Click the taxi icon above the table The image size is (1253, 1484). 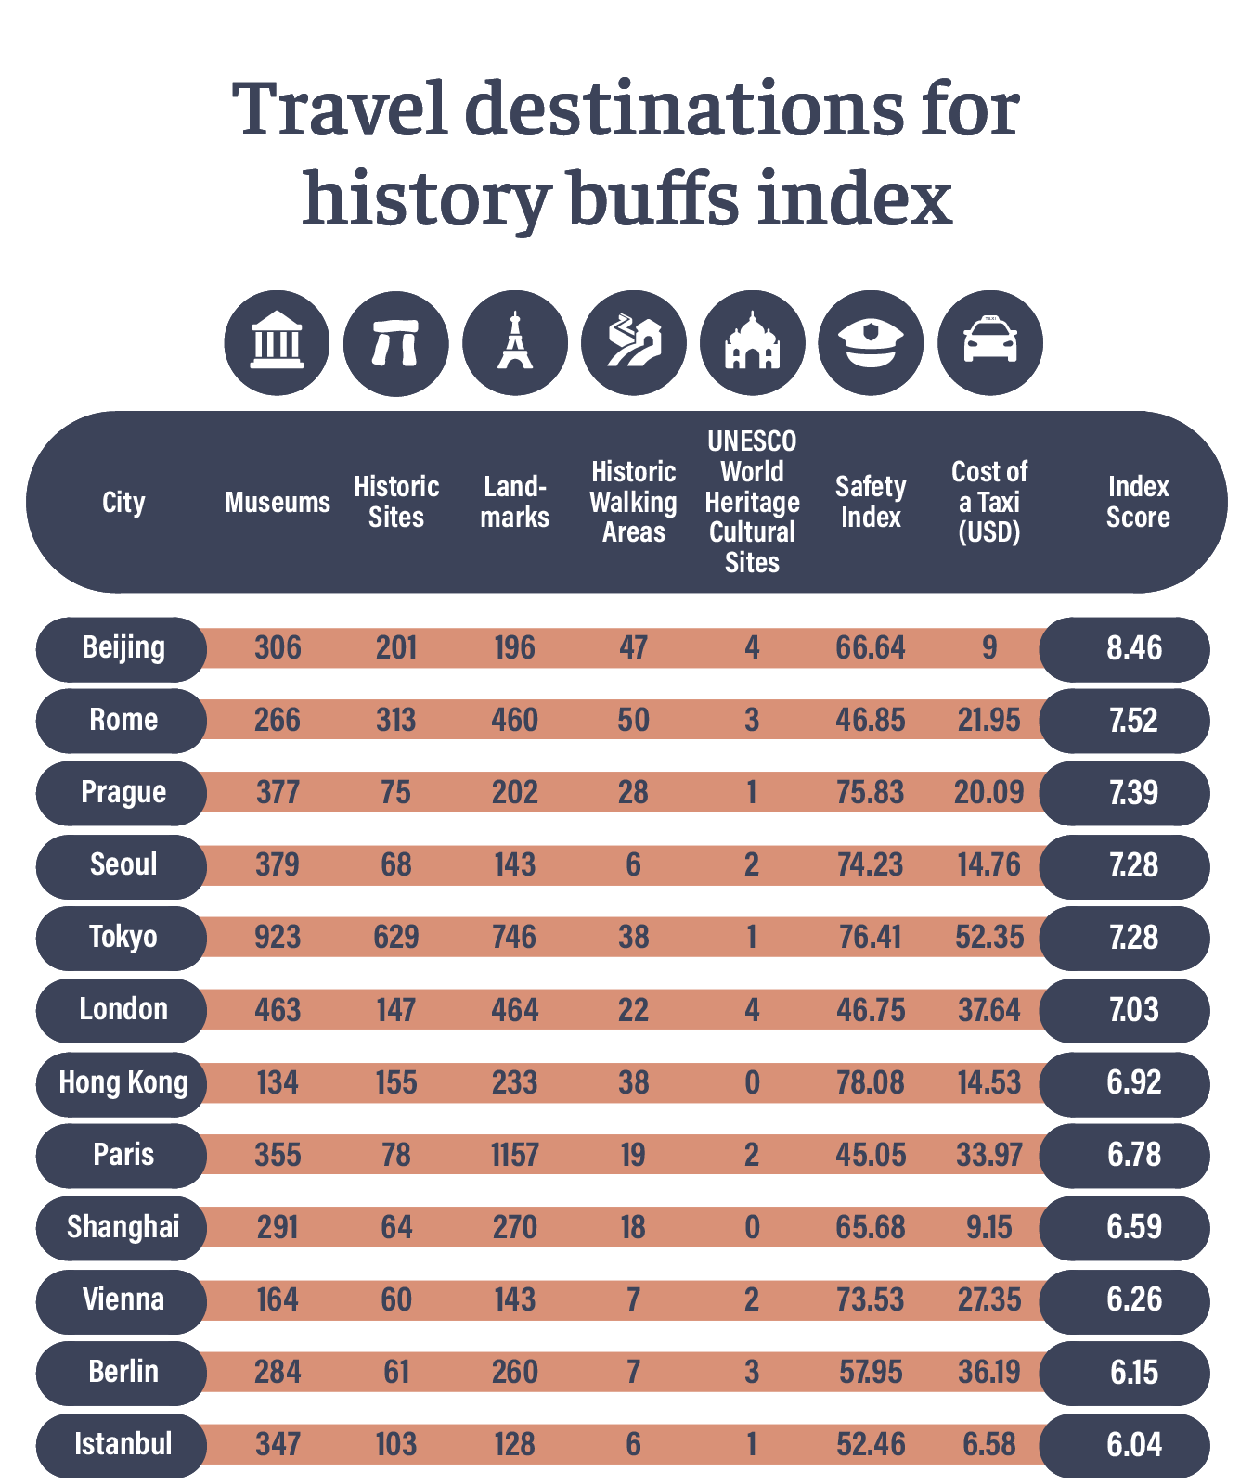point(989,342)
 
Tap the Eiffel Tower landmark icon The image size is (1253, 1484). point(514,342)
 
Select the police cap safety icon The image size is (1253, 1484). point(871,342)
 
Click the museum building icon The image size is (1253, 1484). point(277,342)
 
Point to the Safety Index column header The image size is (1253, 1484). point(871,502)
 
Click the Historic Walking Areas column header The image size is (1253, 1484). point(633,502)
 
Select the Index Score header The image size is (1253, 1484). point(1138,502)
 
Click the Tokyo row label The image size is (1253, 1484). point(123,937)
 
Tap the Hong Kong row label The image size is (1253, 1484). point(123,1082)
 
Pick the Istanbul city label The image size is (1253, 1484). point(123,1444)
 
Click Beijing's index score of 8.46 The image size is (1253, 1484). point(1133,647)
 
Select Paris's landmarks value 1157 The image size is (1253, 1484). point(514,1155)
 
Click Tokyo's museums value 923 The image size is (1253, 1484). point(278,937)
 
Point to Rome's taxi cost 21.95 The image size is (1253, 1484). point(988,720)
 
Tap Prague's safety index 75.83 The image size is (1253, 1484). point(870,792)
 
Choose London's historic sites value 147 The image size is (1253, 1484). point(396,1009)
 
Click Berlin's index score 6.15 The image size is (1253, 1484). point(1133,1372)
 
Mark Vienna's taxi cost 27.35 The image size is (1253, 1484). point(988,1299)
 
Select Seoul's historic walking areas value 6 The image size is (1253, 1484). point(633,864)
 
